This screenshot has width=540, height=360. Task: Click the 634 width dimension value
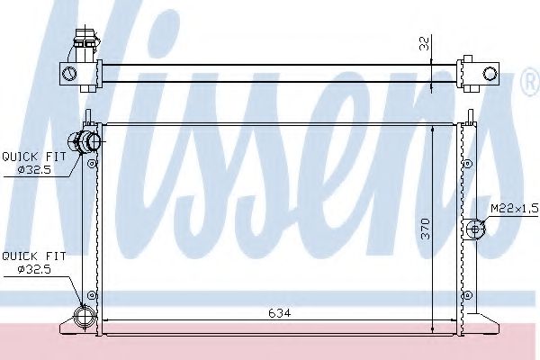[279, 313]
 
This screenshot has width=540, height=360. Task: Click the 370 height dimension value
[426, 229]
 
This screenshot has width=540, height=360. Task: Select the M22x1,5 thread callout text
[514, 208]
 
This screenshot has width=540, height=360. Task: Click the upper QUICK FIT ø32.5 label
[34, 163]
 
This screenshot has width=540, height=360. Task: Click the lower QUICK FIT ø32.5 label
[34, 263]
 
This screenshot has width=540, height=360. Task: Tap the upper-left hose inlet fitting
[85, 141]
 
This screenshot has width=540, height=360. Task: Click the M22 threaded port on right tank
[475, 229]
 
